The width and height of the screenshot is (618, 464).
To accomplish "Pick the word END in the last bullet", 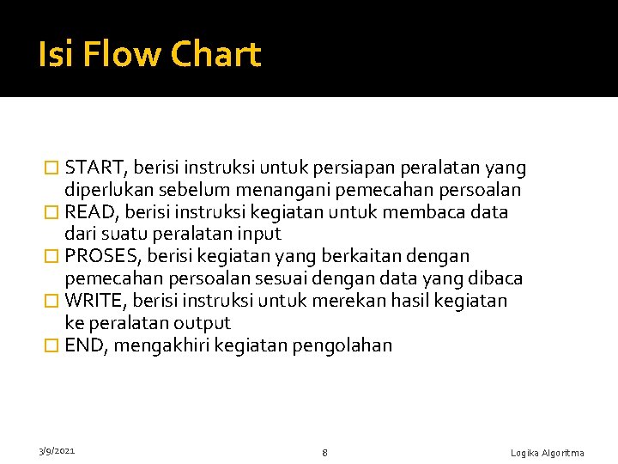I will (84, 346).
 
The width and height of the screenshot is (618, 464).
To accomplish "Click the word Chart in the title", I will (215, 55).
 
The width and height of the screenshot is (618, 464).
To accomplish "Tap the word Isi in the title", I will (52, 55).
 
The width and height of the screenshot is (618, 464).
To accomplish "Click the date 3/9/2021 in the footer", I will (56, 450).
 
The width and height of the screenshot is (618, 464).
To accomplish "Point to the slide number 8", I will (324, 452).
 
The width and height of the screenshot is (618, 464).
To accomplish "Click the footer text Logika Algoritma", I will (547, 453).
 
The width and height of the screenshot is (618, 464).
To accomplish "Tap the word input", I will (258, 235).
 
